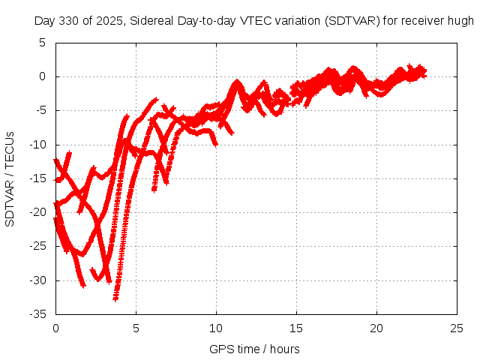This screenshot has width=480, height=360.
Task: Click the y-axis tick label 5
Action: coord(43,42)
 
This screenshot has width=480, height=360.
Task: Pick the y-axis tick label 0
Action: coord(43,76)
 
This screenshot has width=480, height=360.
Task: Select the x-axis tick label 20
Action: coord(377,328)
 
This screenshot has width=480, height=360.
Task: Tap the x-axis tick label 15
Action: coord(297,328)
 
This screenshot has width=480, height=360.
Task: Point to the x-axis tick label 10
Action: coord(216,328)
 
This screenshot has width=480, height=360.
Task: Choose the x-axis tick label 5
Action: coord(136,328)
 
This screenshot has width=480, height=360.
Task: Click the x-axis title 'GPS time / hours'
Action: coord(254,349)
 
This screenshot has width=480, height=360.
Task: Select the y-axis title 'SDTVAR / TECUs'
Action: coord(10,178)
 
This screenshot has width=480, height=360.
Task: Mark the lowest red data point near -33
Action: coord(115,298)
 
